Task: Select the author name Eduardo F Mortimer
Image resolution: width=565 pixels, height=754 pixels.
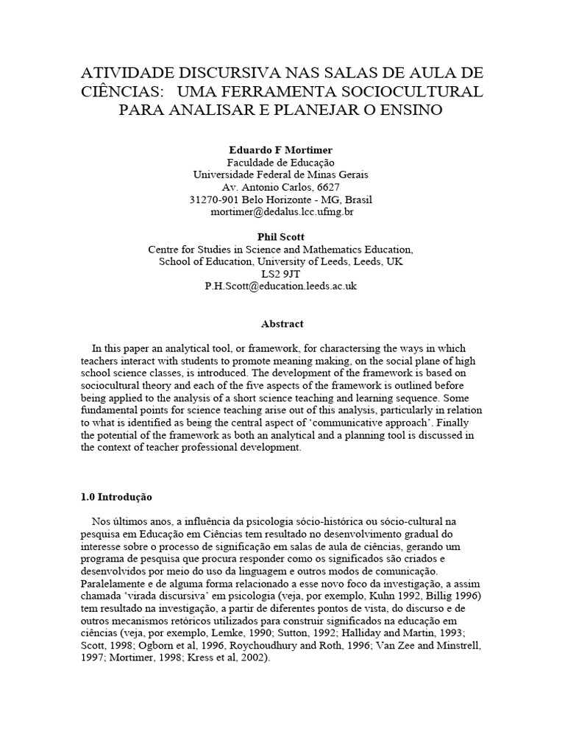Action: coord(282,150)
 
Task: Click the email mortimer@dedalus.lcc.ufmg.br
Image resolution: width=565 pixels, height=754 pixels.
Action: coord(282,211)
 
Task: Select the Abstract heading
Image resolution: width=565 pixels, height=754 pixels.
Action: coord(282,323)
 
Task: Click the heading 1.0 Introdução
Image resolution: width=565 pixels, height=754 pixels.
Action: coord(116,497)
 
